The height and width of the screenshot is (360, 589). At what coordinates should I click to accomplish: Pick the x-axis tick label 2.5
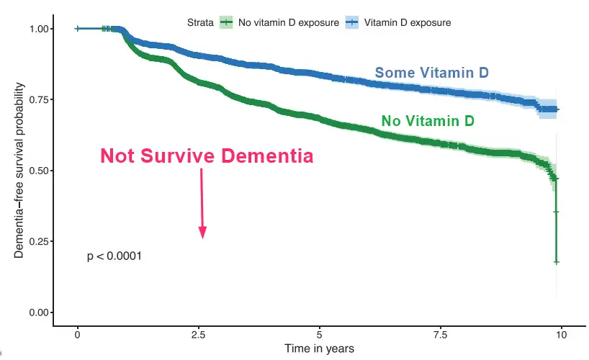pyautogui.click(x=199, y=335)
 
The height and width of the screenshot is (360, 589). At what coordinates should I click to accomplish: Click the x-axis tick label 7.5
pyautogui.click(x=441, y=335)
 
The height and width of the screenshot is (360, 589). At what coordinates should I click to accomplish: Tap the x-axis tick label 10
pyautogui.click(x=562, y=335)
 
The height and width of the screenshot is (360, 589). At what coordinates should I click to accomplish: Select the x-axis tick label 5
pyautogui.click(x=320, y=335)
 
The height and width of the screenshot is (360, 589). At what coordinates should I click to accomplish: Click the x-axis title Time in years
pyautogui.click(x=320, y=349)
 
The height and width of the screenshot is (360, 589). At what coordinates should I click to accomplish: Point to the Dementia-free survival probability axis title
pyautogui.click(x=20, y=171)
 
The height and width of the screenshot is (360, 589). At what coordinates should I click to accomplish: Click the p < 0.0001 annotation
pyautogui.click(x=114, y=256)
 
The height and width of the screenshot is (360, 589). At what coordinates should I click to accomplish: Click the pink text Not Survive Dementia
pyautogui.click(x=207, y=156)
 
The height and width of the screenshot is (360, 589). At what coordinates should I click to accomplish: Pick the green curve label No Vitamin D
pyautogui.click(x=428, y=121)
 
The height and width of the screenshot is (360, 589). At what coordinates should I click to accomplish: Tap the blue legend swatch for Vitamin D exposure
pyautogui.click(x=354, y=22)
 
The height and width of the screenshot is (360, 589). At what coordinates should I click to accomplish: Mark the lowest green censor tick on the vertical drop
pyautogui.click(x=556, y=262)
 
